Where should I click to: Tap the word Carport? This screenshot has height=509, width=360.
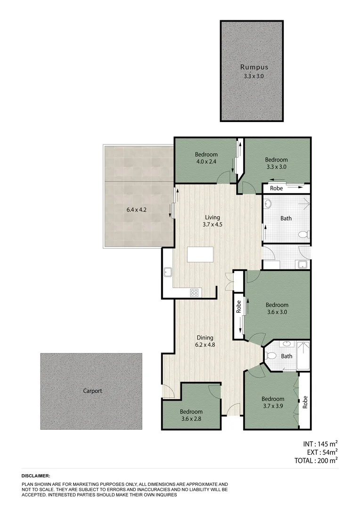92,391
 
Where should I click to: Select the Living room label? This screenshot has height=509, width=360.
212,217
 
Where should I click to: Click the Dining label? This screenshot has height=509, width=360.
205,337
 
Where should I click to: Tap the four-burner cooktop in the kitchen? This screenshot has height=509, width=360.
194,292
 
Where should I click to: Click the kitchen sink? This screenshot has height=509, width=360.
167,272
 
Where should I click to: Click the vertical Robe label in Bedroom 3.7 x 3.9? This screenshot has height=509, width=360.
305,402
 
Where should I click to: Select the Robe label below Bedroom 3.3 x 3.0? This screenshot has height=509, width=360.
277,188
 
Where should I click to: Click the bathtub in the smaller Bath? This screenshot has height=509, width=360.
303,356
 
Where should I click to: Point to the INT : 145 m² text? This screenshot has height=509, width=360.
319,444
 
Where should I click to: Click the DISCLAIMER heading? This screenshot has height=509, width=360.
35,476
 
